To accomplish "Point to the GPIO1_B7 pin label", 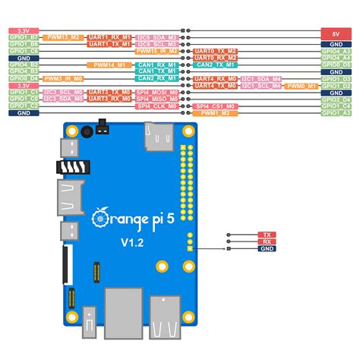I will click(24, 37).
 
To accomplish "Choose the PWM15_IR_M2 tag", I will click(158, 51).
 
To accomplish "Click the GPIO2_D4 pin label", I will click(335, 99).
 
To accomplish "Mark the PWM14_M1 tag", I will click(111, 65).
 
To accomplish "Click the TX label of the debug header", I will click(266, 235).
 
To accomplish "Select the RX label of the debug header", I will click(266, 242).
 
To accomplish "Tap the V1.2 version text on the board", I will click(134, 242).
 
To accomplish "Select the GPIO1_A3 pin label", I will click(335, 112).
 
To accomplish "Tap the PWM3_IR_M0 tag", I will click(63, 78).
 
